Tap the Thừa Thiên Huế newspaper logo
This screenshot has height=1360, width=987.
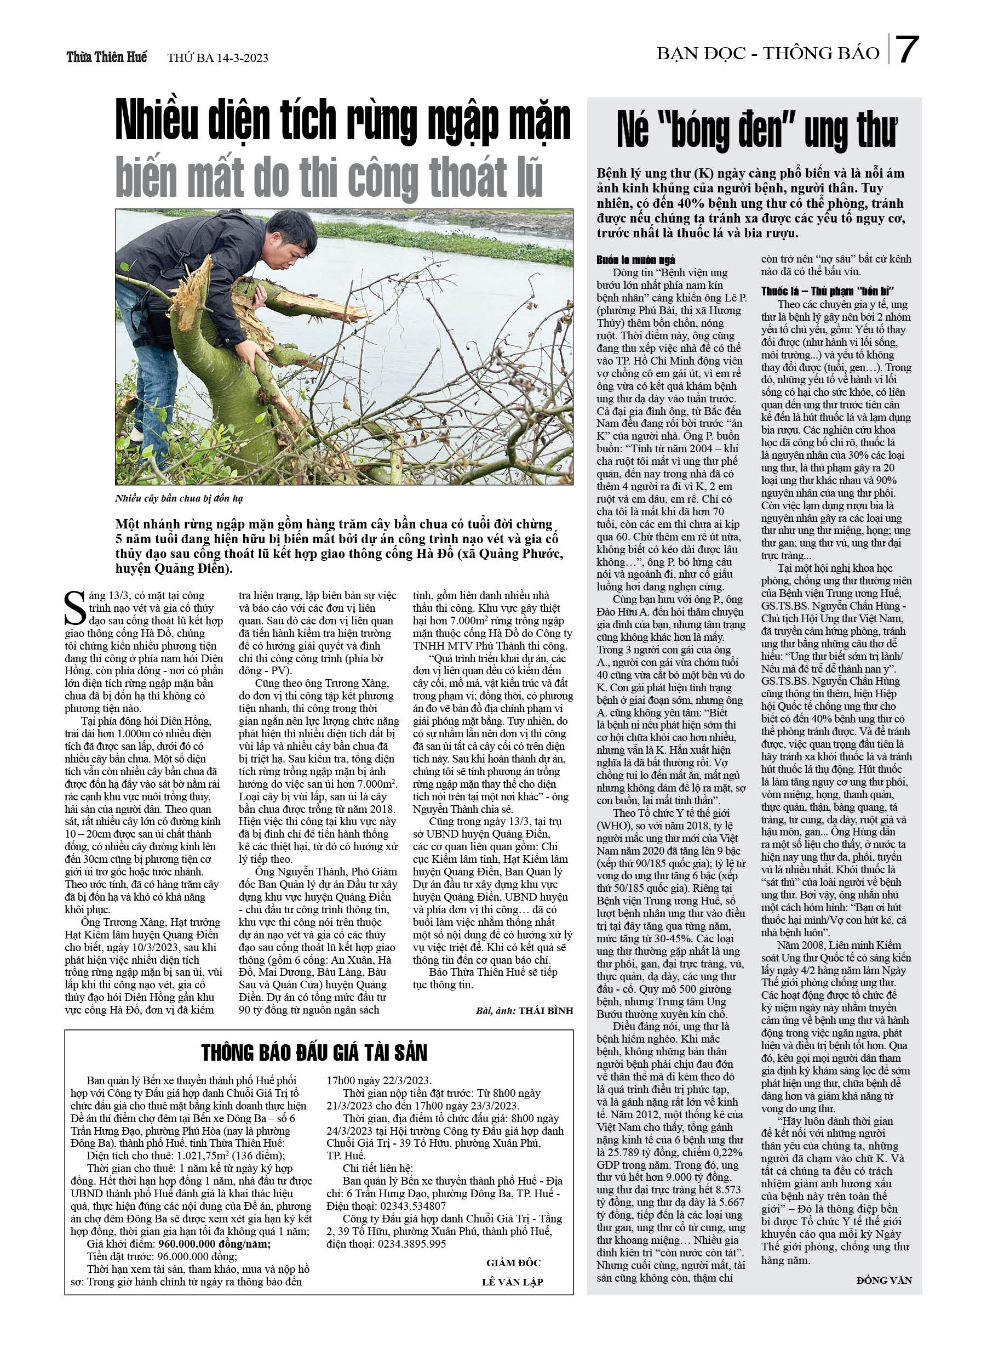pyautogui.click(x=107, y=58)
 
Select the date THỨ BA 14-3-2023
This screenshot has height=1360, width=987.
pyautogui.click(x=217, y=58)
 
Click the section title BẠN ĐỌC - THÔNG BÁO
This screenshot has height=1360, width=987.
pyautogui.click(x=768, y=54)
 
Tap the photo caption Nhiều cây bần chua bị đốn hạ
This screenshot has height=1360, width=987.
pyautogui.click(x=179, y=498)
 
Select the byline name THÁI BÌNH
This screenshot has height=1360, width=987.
pyautogui.click(x=546, y=1010)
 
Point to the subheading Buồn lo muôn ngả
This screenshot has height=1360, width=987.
pyautogui.click(x=635, y=260)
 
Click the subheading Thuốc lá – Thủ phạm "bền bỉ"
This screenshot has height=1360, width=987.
pyautogui.click(x=828, y=292)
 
